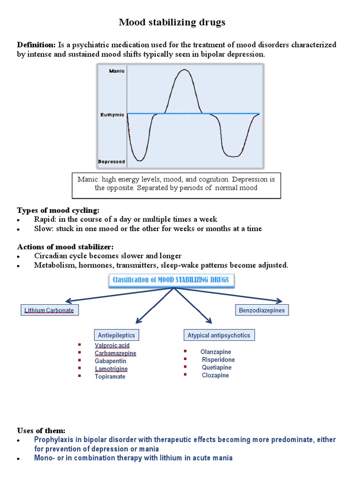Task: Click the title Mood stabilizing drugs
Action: pyautogui.click(x=172, y=22)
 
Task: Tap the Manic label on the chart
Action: pyautogui.click(x=116, y=71)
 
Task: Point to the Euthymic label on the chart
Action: pyautogui.click(x=112, y=114)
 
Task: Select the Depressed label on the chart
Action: pyautogui.click(x=112, y=162)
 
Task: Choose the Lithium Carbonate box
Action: pyautogui.click(x=49, y=310)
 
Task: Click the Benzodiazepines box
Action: pyautogui.click(x=262, y=310)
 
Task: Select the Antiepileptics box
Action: pyautogui.click(x=116, y=335)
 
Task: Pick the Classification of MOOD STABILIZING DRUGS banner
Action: pyautogui.click(x=172, y=280)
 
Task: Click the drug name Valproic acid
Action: pyautogui.click(x=112, y=346)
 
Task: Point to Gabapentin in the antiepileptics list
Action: pyautogui.click(x=111, y=361)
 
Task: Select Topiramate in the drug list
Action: pyautogui.click(x=110, y=376)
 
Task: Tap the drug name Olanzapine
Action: pyautogui.click(x=216, y=352)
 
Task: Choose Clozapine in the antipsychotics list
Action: pyautogui.click(x=216, y=375)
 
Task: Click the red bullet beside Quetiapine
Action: pyautogui.click(x=186, y=367)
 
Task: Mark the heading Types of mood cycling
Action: pyautogui.click(x=58, y=210)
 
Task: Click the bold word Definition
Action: pyautogui.click(x=37, y=45)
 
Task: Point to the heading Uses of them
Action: pyautogui.click(x=41, y=430)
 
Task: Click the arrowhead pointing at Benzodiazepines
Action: pyautogui.click(x=279, y=301)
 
